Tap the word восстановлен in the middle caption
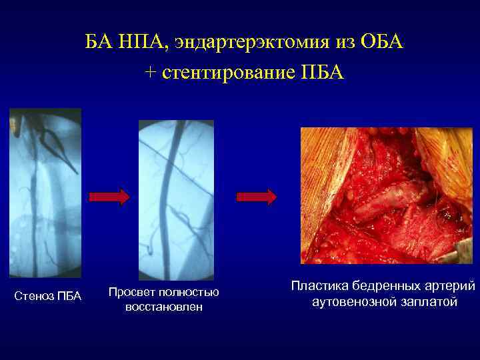[163, 307]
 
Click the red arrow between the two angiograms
[109, 197]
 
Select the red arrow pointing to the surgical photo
[257, 197]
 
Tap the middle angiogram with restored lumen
[176, 200]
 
